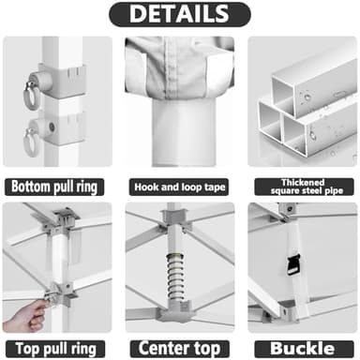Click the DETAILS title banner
179,14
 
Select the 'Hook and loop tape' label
179,186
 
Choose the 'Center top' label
179,348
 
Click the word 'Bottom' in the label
33,186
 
